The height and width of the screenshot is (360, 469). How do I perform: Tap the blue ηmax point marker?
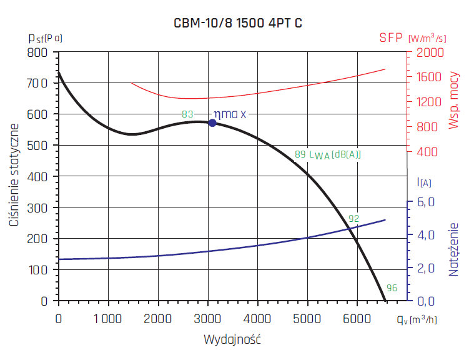(x=212, y=123)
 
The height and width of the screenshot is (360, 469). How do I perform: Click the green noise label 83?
(x=187, y=114)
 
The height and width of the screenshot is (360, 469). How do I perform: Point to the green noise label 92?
(x=354, y=219)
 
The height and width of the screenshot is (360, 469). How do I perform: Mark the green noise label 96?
(x=392, y=288)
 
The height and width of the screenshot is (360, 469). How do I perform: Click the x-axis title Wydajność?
(x=232, y=341)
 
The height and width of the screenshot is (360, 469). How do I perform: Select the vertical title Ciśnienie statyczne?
(x=14, y=176)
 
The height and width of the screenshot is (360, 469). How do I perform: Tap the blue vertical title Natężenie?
(x=454, y=249)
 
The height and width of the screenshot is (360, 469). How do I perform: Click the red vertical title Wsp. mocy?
(x=454, y=100)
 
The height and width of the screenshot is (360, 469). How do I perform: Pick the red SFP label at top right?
(x=392, y=37)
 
